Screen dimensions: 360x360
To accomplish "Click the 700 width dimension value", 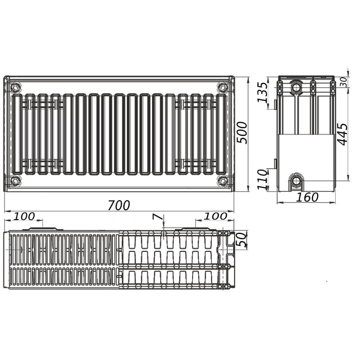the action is click(x=119, y=205).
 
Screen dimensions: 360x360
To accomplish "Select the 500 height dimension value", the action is click(x=242, y=133).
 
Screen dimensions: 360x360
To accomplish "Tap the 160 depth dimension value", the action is click(x=307, y=197).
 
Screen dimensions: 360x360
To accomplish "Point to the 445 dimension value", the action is click(x=343, y=134).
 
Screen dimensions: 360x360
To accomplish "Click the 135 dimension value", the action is click(x=262, y=92).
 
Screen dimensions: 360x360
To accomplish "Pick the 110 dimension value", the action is click(x=262, y=180).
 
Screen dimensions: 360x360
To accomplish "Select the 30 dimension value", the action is click(x=343, y=82).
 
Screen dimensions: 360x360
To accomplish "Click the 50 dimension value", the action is click(x=242, y=239).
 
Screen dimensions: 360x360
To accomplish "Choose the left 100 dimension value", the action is click(x=24, y=216).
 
